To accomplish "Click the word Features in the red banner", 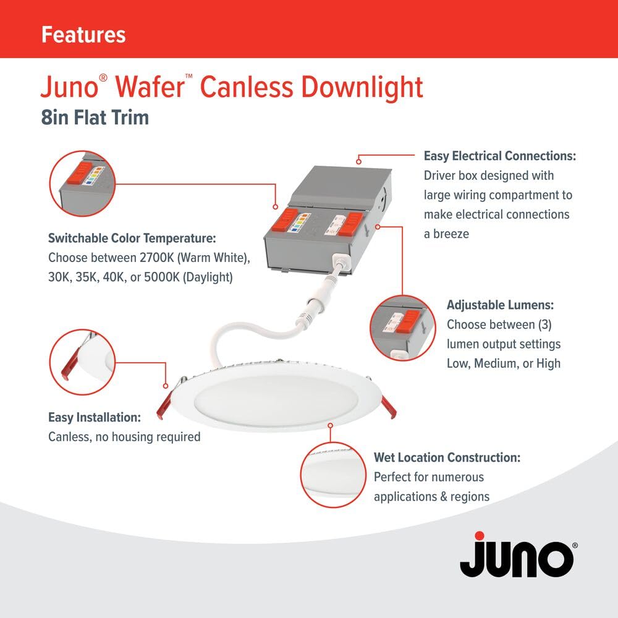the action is pyautogui.click(x=83, y=35).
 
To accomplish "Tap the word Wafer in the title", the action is pyautogui.click(x=150, y=87).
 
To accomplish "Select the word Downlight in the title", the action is pyautogui.click(x=362, y=88).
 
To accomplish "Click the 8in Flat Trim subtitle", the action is pyautogui.click(x=95, y=117).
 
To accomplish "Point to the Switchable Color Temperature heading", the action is pyautogui.click(x=132, y=239).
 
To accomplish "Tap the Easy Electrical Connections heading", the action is pyautogui.click(x=500, y=156).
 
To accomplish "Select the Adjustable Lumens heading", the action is pyautogui.click(x=500, y=305).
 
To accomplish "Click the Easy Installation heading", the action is pyautogui.click(x=94, y=417).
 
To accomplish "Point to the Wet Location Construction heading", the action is pyautogui.click(x=447, y=457).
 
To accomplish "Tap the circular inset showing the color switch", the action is pyautogui.click(x=82, y=184).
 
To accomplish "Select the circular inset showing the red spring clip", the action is pyautogui.click(x=82, y=362).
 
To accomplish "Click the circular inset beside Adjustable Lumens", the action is pyautogui.click(x=403, y=328).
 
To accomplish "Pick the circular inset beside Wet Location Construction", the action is pyautogui.click(x=334, y=475).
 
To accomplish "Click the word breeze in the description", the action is pyautogui.click(x=451, y=234).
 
